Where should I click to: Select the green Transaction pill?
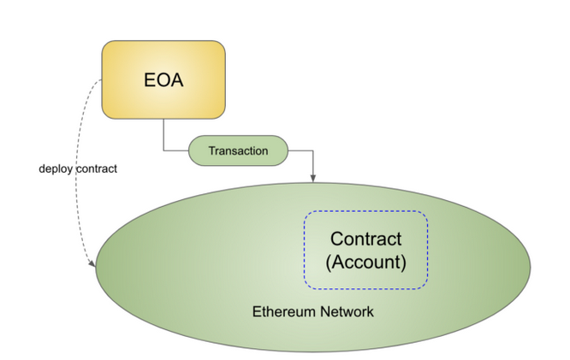[238, 151]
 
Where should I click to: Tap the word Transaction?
[238, 151]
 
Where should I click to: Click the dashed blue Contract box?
[365, 250]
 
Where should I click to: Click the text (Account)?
[365, 262]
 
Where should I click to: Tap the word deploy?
[56, 168]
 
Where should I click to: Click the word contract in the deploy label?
[98, 168]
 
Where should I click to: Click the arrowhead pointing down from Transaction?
[313, 178]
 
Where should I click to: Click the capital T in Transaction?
[211, 151]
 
